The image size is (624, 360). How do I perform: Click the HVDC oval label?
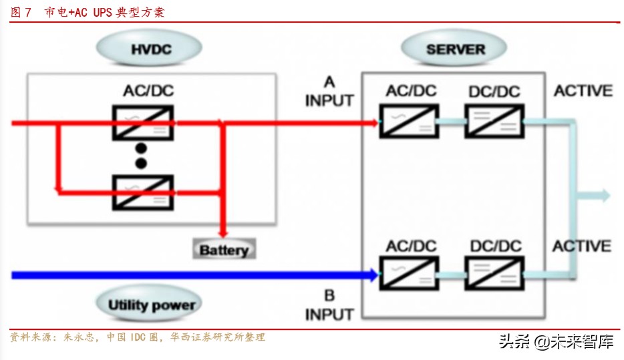pos(148,49)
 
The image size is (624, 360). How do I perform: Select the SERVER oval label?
pos(455,49)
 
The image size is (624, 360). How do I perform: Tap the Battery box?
pos(224,250)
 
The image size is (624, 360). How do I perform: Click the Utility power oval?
pos(152,305)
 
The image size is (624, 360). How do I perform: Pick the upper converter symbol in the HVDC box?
pos(142,123)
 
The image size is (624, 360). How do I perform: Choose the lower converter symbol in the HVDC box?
pos(141,192)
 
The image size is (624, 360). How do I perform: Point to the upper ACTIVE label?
pos(583,91)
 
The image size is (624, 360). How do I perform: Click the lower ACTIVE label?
pos(582,246)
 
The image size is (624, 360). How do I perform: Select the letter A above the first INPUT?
pos(329,82)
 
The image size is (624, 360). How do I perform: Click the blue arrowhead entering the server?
pos(371,275)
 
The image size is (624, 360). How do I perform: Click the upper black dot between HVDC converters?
pos(141,148)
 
